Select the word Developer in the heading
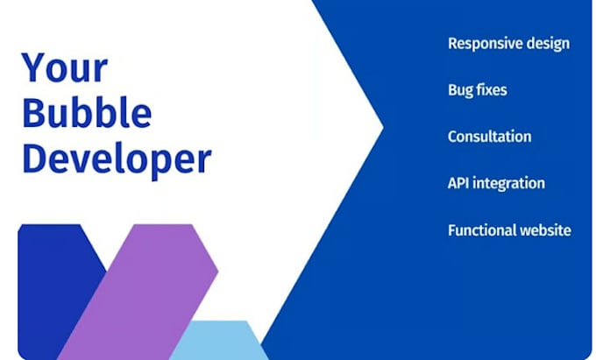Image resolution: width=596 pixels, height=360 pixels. coord(117,159)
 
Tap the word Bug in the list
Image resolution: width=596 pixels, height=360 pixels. coord(461,90)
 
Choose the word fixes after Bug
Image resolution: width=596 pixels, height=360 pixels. coord(493,89)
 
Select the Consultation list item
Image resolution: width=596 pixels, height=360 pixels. coord(489,137)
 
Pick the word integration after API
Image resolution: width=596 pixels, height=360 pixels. coord(511,184)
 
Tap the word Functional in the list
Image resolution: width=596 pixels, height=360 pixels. coord(481,230)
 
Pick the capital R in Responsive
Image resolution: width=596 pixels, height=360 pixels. coord(452,43)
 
